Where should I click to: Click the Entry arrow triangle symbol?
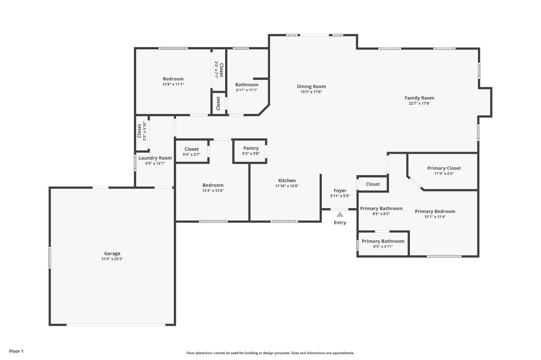click(340, 214)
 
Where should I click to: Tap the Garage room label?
click(112, 253)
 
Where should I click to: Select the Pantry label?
click(251, 148)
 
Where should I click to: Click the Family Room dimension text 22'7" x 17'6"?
click(419, 103)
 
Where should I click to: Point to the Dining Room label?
click(311, 86)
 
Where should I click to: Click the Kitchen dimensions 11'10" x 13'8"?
click(287, 186)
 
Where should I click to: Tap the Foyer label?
click(340, 191)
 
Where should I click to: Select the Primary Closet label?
click(444, 168)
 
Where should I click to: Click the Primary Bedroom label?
click(435, 211)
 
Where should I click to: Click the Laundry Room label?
click(155, 158)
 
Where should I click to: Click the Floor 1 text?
click(16, 351)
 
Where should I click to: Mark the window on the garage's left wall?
click(50, 257)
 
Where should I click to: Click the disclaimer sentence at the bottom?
click(270, 353)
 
